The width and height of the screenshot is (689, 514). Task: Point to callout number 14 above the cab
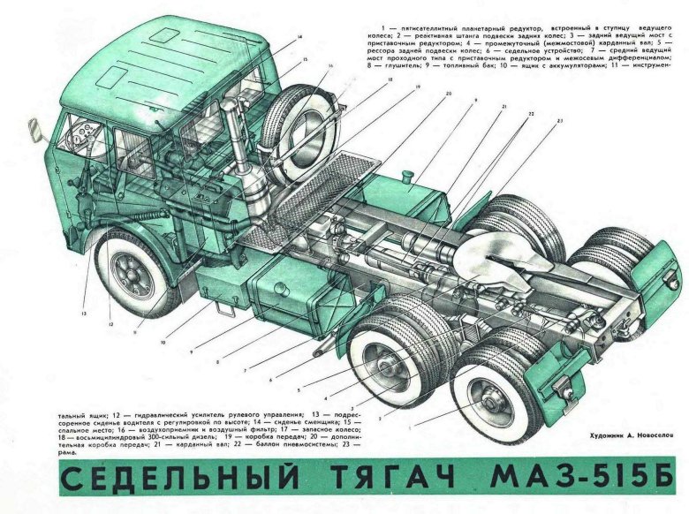(x=299, y=36)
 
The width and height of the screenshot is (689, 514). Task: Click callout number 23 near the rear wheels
(x=559, y=119)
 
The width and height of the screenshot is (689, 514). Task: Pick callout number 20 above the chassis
(x=448, y=94)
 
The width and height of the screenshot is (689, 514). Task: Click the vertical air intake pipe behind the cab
(x=237, y=140)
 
